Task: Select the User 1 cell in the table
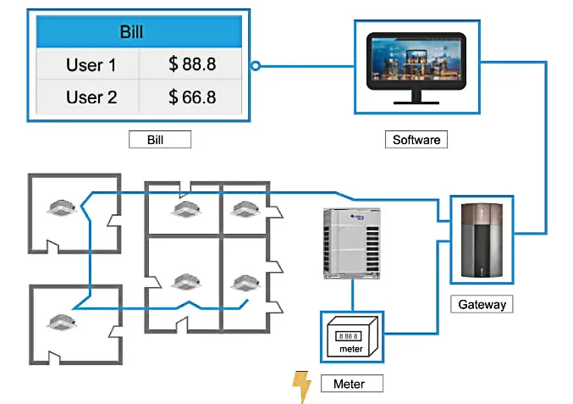point(91,64)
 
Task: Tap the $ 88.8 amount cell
point(192,64)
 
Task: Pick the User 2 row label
point(91,97)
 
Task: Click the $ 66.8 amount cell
point(192,97)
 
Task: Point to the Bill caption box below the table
point(160,140)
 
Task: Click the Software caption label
point(416,140)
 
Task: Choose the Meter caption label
point(349,384)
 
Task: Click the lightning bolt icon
point(301,385)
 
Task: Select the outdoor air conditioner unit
point(351,243)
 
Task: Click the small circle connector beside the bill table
point(256,64)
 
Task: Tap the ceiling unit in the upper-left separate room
point(65,207)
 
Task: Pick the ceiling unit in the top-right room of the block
point(244,207)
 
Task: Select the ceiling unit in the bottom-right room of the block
point(244,282)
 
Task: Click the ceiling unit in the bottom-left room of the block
point(185,282)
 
